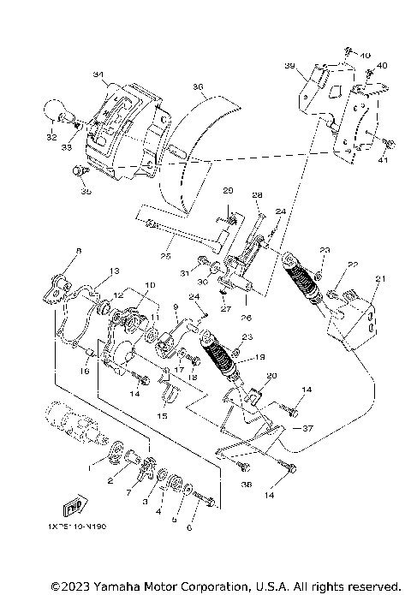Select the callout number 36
198,86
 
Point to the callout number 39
289,66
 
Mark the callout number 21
381,278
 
